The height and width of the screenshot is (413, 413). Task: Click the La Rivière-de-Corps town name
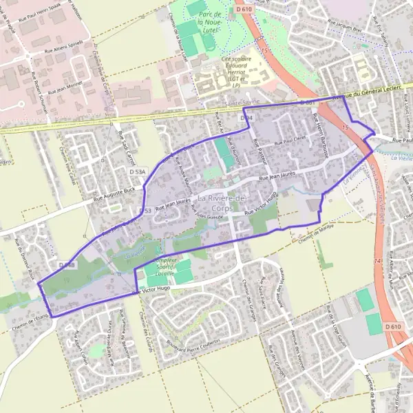click(222, 203)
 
